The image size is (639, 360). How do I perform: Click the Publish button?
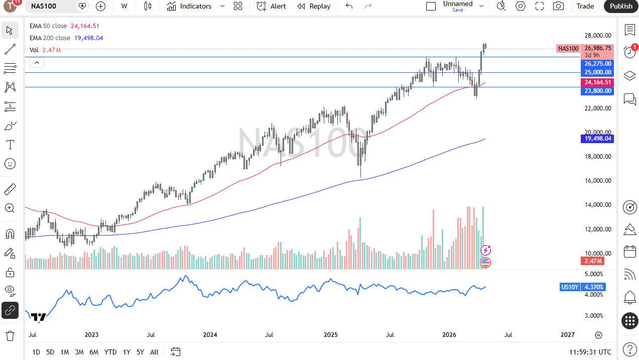point(621,6)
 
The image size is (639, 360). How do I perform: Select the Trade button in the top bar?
point(585,6)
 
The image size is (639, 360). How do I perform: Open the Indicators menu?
point(190,6)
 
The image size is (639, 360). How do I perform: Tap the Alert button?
point(271,6)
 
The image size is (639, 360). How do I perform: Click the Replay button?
point(314,6)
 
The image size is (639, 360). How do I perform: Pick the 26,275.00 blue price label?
point(598,64)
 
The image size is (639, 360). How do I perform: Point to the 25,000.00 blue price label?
point(598,72)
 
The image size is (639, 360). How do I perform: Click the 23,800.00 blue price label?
point(598,91)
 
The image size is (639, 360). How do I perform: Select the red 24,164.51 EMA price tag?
point(598,82)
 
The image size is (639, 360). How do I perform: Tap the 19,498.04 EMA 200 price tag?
point(598,139)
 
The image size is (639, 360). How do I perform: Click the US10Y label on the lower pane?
point(570,287)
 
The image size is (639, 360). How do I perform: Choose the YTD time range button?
point(110,352)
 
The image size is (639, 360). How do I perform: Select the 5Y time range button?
point(140,352)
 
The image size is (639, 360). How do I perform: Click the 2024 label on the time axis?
point(210,335)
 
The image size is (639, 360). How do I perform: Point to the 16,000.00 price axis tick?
point(598,181)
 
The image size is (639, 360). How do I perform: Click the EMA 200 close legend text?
point(50,38)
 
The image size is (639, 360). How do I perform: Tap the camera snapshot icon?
point(558,6)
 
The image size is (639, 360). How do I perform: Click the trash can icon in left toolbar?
point(10,335)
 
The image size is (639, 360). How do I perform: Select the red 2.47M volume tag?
point(593,261)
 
